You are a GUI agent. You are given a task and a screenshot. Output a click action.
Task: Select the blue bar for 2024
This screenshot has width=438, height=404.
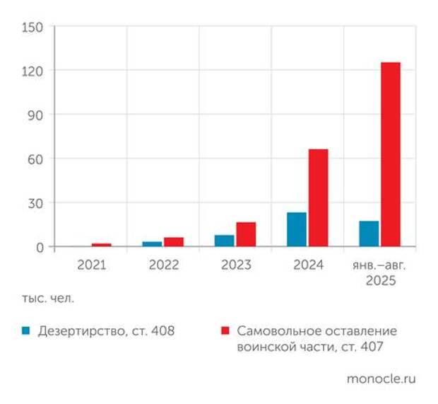(297, 229)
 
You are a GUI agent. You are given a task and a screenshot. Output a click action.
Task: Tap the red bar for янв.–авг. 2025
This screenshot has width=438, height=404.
(390, 154)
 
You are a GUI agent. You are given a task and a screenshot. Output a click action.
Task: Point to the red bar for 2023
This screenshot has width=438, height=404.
(246, 234)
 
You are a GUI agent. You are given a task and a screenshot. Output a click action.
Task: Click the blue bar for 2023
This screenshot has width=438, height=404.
(225, 241)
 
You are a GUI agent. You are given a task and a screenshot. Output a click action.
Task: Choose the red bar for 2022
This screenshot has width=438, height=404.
(174, 242)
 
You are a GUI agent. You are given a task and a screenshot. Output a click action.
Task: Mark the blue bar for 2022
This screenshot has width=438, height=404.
(152, 244)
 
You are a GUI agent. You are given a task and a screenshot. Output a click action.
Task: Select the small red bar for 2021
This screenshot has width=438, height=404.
(102, 245)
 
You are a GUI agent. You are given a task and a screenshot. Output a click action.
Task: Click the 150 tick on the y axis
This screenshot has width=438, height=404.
(33, 28)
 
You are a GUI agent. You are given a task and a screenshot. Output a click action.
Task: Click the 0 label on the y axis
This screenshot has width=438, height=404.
(40, 247)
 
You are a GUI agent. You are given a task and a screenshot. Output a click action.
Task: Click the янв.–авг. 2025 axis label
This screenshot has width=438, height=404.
(380, 272)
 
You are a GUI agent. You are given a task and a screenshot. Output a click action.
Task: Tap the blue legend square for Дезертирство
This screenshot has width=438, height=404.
(25, 330)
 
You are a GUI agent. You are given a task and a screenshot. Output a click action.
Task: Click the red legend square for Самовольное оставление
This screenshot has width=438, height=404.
(225, 330)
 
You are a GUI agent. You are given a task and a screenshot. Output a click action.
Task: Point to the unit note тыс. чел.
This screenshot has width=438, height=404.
(47, 298)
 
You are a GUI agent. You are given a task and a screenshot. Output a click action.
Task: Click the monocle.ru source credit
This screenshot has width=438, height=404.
(381, 379)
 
